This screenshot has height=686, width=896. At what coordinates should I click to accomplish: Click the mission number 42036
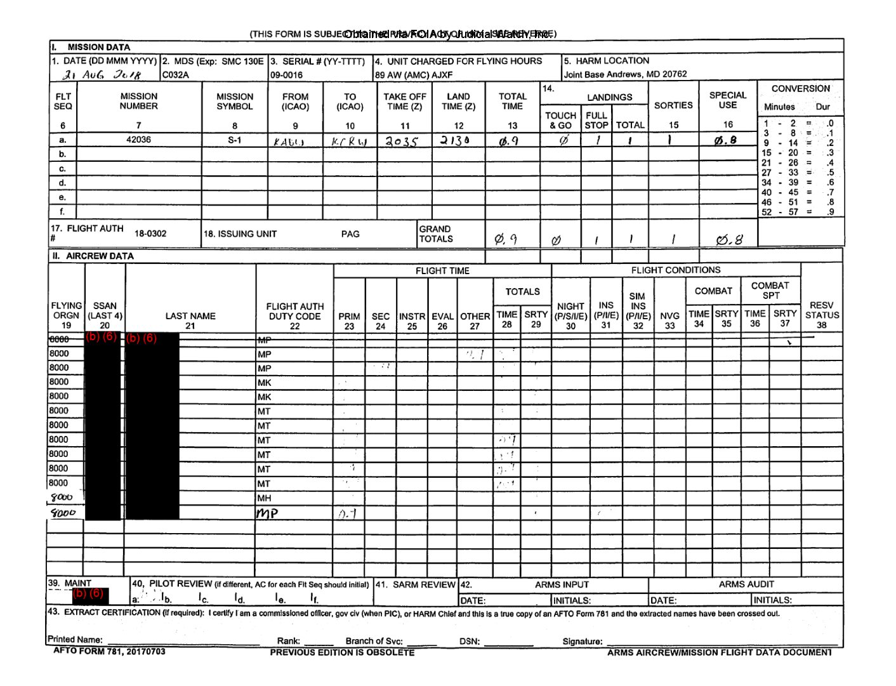pyautogui.click(x=138, y=140)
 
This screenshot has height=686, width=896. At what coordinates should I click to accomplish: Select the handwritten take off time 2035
pyautogui.click(x=402, y=142)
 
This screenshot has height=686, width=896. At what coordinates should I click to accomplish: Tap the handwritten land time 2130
pyautogui.click(x=455, y=141)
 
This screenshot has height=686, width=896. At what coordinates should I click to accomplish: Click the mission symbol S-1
pyautogui.click(x=235, y=140)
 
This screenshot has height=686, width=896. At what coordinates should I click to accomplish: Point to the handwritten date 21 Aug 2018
pyautogui.click(x=102, y=75)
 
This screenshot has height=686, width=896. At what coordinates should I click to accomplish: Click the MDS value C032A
pyautogui.click(x=176, y=75)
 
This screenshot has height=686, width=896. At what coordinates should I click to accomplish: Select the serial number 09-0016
pyautogui.click(x=287, y=75)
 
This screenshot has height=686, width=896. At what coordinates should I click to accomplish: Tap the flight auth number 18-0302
pyautogui.click(x=150, y=234)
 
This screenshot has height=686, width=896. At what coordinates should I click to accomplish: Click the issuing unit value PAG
pyautogui.click(x=350, y=234)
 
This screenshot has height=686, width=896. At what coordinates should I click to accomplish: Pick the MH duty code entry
pyautogui.click(x=264, y=498)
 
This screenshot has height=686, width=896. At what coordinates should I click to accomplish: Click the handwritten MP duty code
pyautogui.click(x=267, y=513)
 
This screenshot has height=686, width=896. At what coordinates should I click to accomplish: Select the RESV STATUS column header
pyautogui.click(x=822, y=315)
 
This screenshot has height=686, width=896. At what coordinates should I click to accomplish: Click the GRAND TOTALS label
pyautogui.click(x=435, y=234)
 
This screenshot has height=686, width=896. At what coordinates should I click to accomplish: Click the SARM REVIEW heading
pyautogui.click(x=416, y=584)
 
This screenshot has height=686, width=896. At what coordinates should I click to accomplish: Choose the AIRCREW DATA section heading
pyautogui.click(x=93, y=256)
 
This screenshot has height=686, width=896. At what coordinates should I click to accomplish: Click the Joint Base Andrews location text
pyautogui.click(x=625, y=74)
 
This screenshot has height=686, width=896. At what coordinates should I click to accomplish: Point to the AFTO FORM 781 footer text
pyautogui.click(x=109, y=651)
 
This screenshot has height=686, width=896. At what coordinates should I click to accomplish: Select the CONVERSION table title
pyautogui.click(x=800, y=89)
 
